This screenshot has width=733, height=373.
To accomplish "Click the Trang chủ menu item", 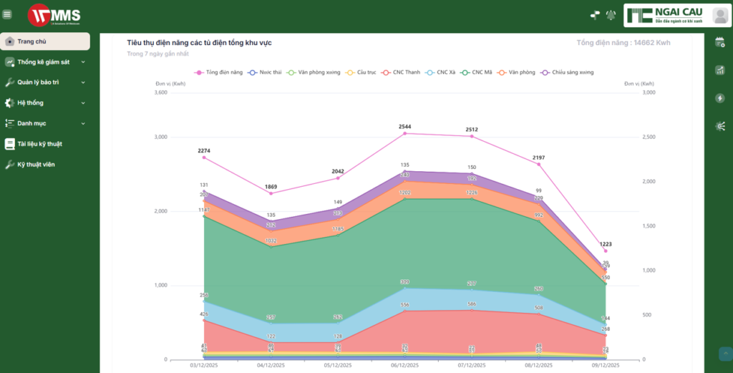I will tap(32, 42).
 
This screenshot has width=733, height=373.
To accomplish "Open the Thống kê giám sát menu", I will tap(43, 62).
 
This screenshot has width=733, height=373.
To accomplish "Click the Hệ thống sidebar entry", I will tap(30, 103).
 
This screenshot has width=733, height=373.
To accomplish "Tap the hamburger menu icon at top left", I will tap(7, 14).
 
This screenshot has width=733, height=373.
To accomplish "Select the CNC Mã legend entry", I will tap(477, 72).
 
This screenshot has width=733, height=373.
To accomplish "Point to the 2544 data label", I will tap(405, 127).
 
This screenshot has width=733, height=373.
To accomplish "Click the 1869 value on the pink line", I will tap(271, 187).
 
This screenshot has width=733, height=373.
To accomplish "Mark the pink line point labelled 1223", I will tap(606, 244).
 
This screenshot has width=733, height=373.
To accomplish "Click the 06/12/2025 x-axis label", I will tap(405, 365).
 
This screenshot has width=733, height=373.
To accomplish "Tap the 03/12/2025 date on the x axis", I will tap(204, 365).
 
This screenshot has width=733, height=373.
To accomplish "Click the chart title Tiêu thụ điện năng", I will tap(199, 43).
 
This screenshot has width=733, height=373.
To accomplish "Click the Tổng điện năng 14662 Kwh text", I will tap(623, 43).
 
